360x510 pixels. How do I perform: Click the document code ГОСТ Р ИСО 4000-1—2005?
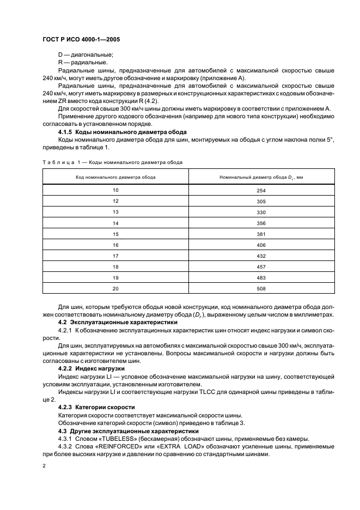(x=81, y=39)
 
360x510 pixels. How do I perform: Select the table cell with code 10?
(x=115, y=191)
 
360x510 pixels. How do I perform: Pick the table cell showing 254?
(x=261, y=191)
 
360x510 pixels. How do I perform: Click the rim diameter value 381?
(x=261, y=234)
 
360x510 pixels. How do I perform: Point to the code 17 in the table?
(x=115, y=256)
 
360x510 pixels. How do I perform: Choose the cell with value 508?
(x=261, y=289)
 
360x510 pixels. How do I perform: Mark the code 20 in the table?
(x=115, y=289)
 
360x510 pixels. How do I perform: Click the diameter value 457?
(x=261, y=267)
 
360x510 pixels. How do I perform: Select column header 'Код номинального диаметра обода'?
(x=115, y=177)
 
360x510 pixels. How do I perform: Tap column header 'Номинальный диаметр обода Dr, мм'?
(x=261, y=177)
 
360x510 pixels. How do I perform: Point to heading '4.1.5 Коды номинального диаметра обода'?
(x=123, y=132)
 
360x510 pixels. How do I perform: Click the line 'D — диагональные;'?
(x=86, y=55)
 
